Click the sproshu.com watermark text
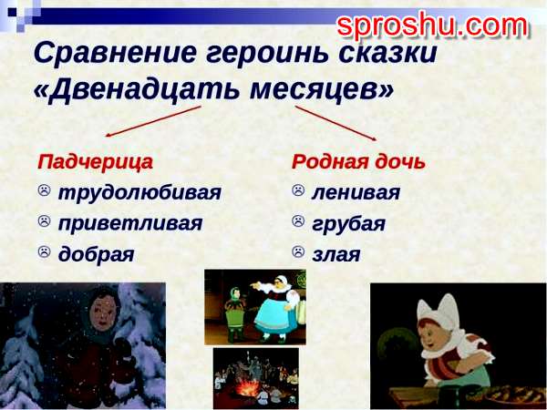432,26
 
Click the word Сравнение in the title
116,52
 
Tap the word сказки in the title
387,52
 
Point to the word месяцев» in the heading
322,89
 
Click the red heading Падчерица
95,162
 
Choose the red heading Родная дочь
358,162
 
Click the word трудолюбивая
139,192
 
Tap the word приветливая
130,223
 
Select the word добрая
96,253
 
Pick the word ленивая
356,192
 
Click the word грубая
348,224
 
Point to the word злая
335,255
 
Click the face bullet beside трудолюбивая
44,190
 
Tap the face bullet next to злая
298,251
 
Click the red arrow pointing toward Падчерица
153,121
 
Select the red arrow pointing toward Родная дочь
335,123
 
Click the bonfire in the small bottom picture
248,387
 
